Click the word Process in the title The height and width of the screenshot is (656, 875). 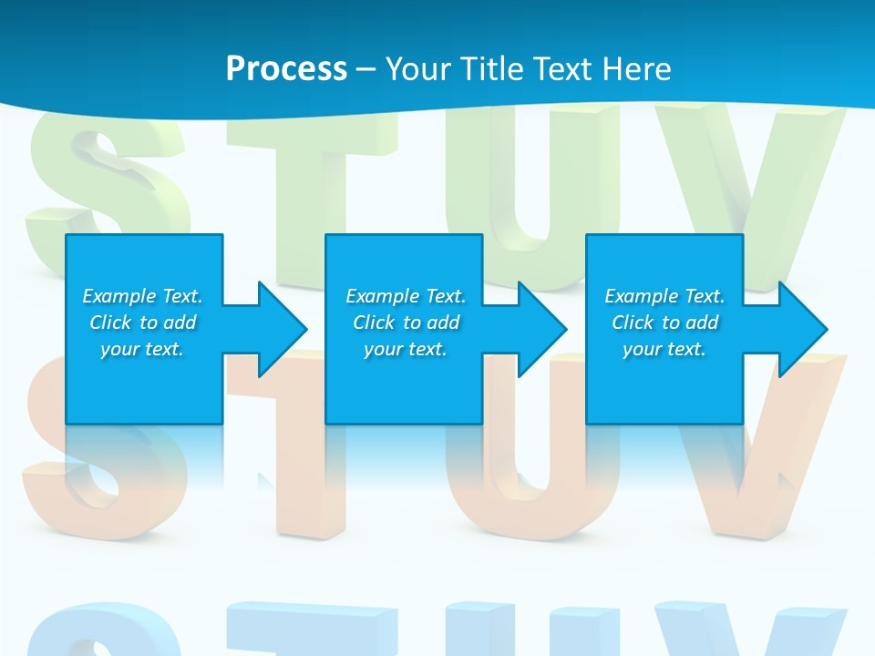tap(286, 68)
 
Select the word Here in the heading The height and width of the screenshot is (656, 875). tap(636, 68)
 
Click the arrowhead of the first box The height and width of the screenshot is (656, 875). tap(283, 329)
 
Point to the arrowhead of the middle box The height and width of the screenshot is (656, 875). tap(542, 329)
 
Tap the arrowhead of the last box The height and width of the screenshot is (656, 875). tap(803, 329)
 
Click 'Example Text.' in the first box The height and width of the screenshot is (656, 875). tap(142, 296)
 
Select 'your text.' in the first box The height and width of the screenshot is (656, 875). tap(142, 349)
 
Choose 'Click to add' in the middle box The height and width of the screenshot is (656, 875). tap(406, 323)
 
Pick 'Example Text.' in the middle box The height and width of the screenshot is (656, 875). tap(406, 296)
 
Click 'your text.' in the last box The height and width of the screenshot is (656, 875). tap(664, 349)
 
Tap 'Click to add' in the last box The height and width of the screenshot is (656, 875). tap(664, 323)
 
